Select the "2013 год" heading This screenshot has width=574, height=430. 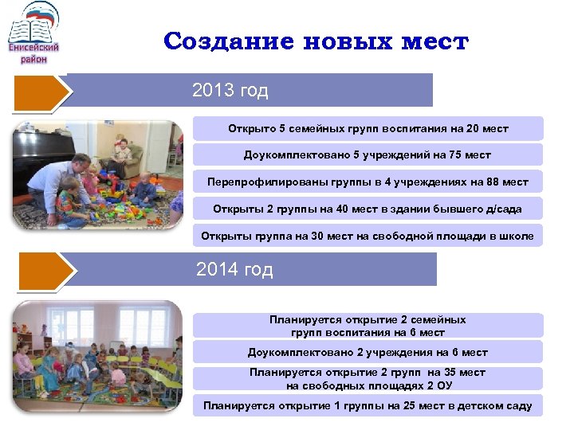230,91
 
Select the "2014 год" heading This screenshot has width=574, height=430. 234,270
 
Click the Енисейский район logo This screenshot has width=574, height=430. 33,33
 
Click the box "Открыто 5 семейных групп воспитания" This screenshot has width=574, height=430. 368,128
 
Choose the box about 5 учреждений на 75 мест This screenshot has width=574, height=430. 368,155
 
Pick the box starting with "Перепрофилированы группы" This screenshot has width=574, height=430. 368,182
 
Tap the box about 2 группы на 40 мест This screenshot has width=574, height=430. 368,209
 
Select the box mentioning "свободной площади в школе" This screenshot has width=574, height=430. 368,236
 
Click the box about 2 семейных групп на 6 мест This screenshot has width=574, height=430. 368,326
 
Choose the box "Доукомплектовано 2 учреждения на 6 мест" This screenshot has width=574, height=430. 368,353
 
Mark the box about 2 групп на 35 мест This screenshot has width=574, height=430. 368,379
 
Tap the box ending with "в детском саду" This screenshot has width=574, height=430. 368,406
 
